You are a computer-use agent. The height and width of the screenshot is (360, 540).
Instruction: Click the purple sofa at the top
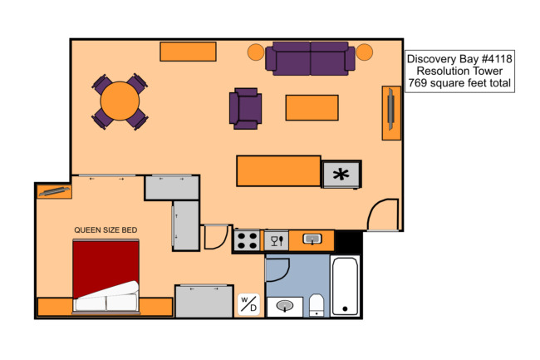point(310,58)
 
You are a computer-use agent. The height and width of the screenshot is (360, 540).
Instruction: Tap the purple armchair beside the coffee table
point(246,109)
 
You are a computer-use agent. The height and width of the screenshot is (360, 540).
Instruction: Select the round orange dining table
point(120,101)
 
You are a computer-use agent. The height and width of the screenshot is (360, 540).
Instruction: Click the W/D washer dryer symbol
point(248,304)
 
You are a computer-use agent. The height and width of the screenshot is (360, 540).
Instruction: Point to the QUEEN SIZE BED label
point(106,229)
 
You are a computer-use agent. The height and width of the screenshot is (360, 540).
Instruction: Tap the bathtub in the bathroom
point(345,286)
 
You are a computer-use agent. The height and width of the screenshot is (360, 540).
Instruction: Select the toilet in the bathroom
point(317,305)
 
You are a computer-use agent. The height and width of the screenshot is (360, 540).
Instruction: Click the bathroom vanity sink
point(285,306)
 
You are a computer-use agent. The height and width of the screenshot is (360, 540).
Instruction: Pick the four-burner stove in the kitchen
point(247,240)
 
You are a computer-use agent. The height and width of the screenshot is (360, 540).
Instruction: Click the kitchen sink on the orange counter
point(312,239)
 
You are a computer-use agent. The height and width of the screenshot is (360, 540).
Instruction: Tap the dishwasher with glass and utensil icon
point(277,240)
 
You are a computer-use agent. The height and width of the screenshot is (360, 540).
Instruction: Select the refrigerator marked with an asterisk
point(341,175)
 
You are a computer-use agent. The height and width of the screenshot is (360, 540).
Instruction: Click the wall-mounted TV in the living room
point(391,110)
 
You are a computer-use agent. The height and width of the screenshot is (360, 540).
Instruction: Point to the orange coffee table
point(312,108)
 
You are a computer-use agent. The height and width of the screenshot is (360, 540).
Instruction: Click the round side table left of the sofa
point(256,52)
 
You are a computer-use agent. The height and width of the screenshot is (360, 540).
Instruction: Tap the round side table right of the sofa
point(365,52)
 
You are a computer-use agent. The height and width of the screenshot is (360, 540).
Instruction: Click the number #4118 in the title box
point(497,59)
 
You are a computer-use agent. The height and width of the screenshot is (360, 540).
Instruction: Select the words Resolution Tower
point(459,71)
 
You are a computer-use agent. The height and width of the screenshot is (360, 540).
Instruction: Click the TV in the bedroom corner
point(54,191)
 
